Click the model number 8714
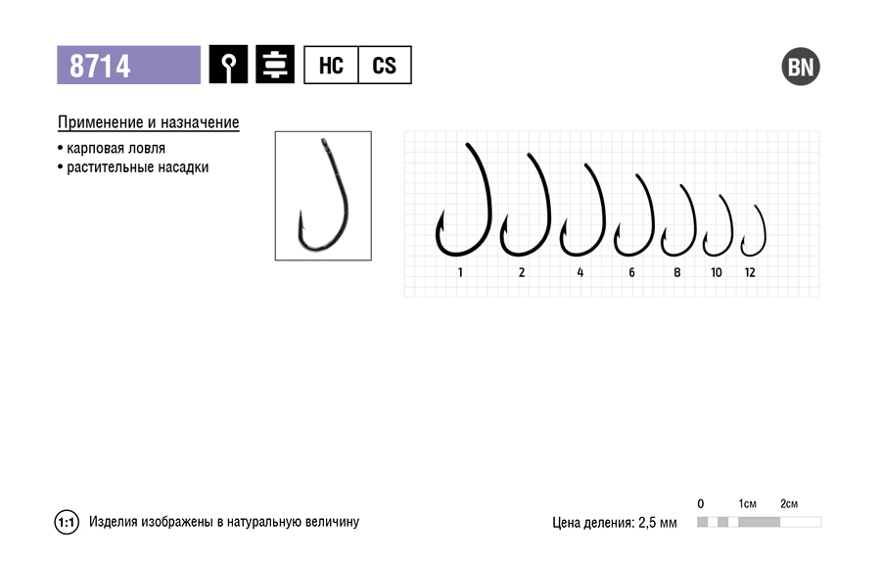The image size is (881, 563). (100, 66)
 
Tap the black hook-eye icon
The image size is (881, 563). (228, 65)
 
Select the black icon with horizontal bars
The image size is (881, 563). (275, 65)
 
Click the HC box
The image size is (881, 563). (331, 66)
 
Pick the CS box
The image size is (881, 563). (385, 66)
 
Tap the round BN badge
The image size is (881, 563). (801, 67)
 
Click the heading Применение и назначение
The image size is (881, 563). (149, 122)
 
